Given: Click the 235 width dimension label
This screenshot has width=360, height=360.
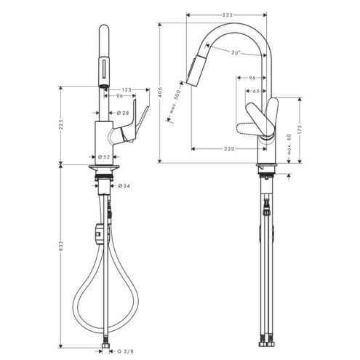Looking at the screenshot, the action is pyautogui.click(x=227, y=15).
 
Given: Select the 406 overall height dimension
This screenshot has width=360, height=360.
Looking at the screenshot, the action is pyautogui.click(x=160, y=93).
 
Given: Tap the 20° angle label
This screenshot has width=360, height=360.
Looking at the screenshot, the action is pyautogui.click(x=235, y=52).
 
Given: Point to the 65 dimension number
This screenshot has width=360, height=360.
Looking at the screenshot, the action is pyautogui.click(x=256, y=91).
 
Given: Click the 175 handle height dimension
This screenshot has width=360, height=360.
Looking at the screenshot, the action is pyautogui.click(x=300, y=130).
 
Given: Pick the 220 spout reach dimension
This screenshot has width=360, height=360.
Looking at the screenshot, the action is pyautogui.click(x=229, y=148).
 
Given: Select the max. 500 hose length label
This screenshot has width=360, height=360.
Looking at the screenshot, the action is pyautogui.click(x=175, y=102).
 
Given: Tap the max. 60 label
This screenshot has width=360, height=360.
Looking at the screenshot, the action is pyautogui.click(x=289, y=145).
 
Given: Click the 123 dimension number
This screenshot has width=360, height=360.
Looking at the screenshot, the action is pyautogui.click(x=127, y=90).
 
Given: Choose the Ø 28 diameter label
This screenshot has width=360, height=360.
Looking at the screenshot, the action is pyautogui.click(x=123, y=113).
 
